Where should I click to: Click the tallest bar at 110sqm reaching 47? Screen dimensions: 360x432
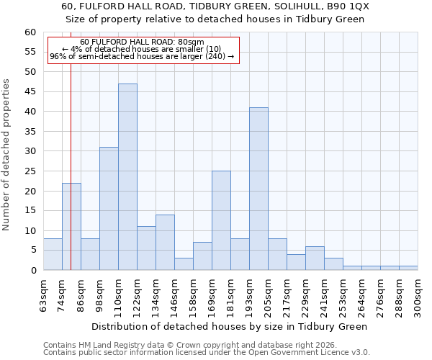point(127,177)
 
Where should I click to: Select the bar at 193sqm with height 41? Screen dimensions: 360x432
point(258,189)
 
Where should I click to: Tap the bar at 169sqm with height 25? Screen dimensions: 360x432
point(221,220)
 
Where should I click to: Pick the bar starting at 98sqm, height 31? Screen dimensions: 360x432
point(109,209)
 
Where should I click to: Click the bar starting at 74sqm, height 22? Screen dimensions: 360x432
point(71,227)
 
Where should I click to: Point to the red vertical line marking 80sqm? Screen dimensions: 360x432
point(71,144)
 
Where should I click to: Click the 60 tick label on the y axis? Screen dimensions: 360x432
point(30,32)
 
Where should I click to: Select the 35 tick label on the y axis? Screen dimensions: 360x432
point(30,132)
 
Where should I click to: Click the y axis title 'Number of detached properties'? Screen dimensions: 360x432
point(7,155)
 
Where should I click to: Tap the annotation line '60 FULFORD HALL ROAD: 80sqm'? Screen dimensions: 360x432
point(142,42)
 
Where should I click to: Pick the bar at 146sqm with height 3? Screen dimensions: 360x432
point(184,264)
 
